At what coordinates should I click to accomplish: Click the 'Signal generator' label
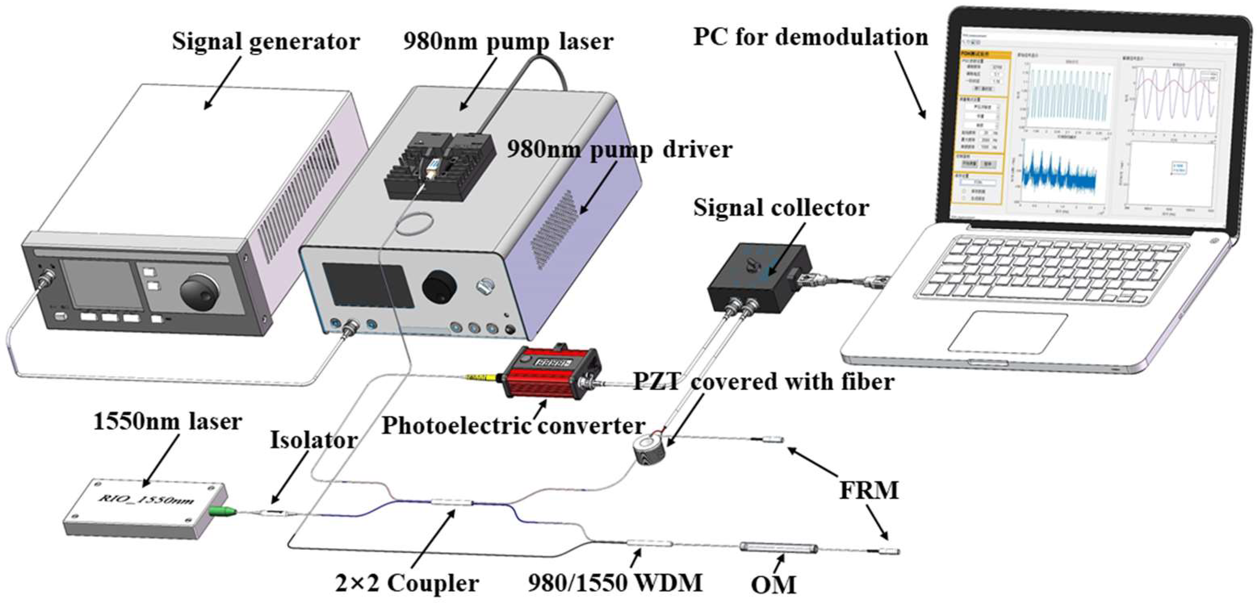click(266, 41)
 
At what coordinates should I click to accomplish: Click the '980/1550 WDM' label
click(615, 582)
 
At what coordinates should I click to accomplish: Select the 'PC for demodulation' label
click(810, 37)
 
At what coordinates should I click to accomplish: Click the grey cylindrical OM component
click(778, 547)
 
